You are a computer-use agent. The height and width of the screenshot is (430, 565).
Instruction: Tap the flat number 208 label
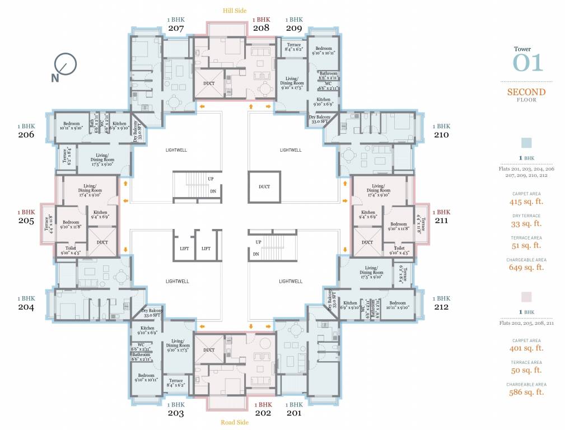tap(261, 27)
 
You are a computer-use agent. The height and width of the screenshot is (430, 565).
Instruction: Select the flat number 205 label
tap(26, 221)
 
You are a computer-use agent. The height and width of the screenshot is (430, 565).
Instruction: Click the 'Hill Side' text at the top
tap(234, 10)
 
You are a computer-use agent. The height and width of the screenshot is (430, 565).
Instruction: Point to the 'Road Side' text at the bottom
tap(235, 422)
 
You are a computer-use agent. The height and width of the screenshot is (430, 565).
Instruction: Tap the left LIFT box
tap(184, 248)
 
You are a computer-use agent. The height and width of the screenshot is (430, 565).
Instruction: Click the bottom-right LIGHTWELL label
tap(290, 281)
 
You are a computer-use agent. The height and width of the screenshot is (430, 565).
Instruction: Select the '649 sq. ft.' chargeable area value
tap(526, 268)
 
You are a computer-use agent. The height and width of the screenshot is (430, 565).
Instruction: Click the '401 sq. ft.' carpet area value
tap(526, 348)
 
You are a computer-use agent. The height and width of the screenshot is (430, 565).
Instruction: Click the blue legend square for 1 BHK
tap(526, 143)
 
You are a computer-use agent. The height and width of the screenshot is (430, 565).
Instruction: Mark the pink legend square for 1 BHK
tap(526, 297)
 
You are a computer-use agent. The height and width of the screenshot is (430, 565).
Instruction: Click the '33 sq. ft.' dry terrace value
tap(526, 223)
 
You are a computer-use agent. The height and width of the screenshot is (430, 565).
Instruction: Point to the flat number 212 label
tap(442, 307)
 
